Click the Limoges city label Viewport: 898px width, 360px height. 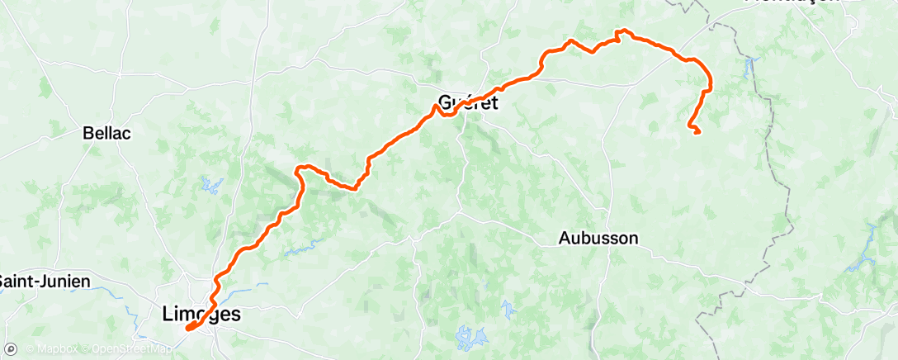(x=201, y=315)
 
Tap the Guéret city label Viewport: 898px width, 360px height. (x=468, y=103)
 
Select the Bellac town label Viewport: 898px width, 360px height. (x=107, y=132)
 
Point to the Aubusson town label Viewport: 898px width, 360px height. (x=598, y=239)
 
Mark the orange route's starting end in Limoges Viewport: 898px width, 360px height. (x=188, y=329)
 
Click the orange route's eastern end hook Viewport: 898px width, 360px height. (x=696, y=130)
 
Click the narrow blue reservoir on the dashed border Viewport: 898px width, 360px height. (x=751, y=66)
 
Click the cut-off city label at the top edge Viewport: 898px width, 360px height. (x=792, y=2)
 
